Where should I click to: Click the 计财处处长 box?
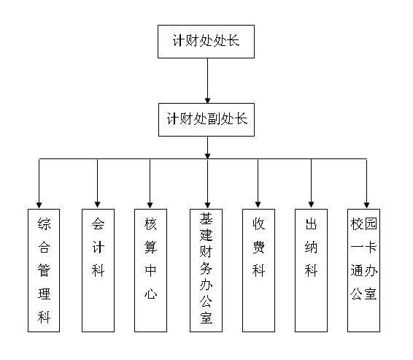[x=206, y=42]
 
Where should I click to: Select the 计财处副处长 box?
[x=206, y=120]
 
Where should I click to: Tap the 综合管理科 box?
[x=44, y=270]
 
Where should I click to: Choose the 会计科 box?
[x=98, y=270]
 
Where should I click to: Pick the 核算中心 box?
[x=150, y=270]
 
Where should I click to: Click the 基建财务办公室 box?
[x=206, y=270]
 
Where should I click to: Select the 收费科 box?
[x=258, y=270]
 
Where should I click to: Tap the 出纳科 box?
[x=311, y=270]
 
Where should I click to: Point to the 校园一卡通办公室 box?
[x=363, y=270]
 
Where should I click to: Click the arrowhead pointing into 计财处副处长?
[x=207, y=101]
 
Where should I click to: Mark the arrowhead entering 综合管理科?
[x=39, y=205]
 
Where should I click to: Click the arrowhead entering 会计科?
[x=98, y=204]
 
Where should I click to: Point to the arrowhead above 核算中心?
[x=150, y=205]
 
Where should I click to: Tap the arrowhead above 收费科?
[x=258, y=204]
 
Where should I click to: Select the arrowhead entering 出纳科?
[x=312, y=204]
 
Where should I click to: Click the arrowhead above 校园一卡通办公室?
[x=366, y=205]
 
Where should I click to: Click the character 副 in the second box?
[x=214, y=119]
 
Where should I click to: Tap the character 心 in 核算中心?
[x=150, y=294]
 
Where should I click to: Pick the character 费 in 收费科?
[x=258, y=248]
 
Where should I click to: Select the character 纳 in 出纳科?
[x=311, y=248]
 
